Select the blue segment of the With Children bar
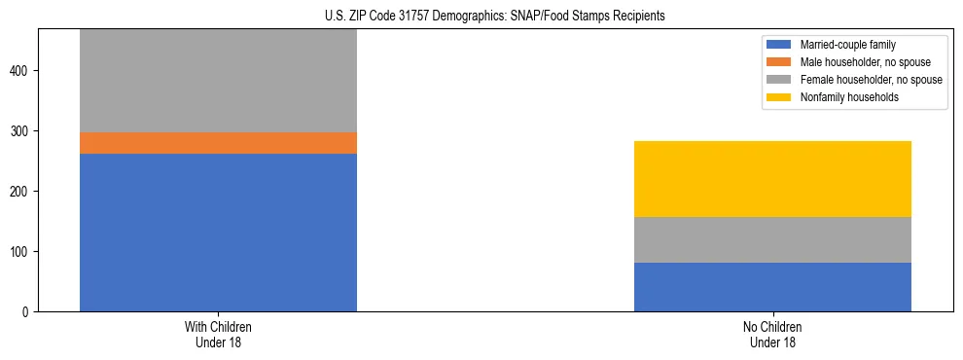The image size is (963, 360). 218,233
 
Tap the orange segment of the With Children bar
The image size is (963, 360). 218,143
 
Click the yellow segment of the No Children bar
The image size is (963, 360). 772,179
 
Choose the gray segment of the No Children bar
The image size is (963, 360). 772,239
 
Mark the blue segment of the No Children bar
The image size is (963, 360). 772,287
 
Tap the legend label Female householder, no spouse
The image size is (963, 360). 871,80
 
